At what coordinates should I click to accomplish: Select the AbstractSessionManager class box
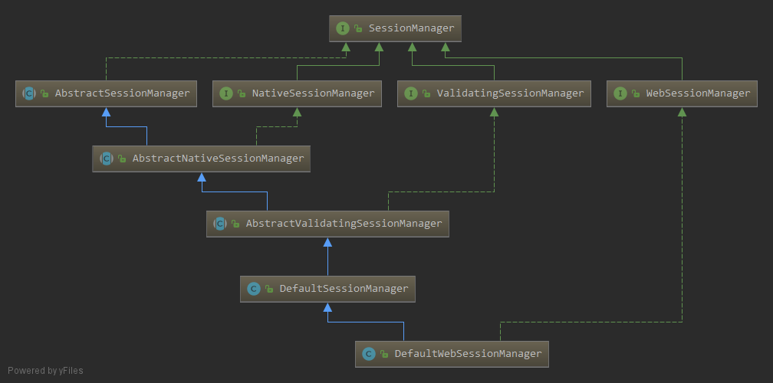(x=106, y=93)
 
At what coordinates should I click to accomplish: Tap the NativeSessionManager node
(x=296, y=93)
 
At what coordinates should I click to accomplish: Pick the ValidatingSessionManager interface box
(x=495, y=93)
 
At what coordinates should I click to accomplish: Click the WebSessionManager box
(x=682, y=93)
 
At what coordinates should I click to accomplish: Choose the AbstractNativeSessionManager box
(x=202, y=159)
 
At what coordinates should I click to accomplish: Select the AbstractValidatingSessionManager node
(x=327, y=224)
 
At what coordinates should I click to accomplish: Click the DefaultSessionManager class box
(x=327, y=289)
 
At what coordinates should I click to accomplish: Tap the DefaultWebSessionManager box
(x=452, y=353)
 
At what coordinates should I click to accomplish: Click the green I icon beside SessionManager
(x=342, y=28)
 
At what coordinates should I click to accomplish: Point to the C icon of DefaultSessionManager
(x=254, y=289)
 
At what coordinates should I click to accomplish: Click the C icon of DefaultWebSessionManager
(x=369, y=354)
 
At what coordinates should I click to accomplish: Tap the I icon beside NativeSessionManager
(x=226, y=93)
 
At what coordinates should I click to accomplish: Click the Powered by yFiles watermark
(x=45, y=371)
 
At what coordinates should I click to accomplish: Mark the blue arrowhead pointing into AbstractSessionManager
(x=106, y=112)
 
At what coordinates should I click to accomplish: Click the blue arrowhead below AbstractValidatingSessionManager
(x=327, y=242)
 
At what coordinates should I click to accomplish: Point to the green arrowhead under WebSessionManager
(x=682, y=112)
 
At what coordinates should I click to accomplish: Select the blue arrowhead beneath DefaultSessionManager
(x=327, y=307)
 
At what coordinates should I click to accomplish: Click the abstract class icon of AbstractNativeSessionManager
(x=106, y=159)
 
